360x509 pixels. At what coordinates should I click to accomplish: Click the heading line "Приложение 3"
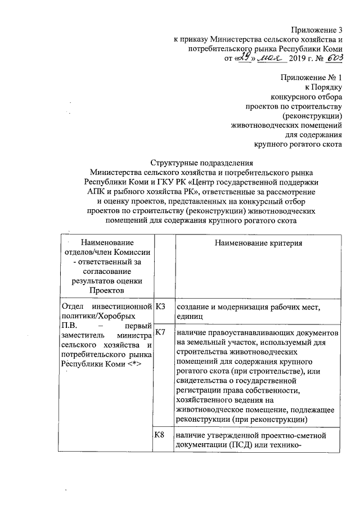(x=316, y=29)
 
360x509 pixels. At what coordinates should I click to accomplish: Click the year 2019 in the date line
(x=303, y=58)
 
